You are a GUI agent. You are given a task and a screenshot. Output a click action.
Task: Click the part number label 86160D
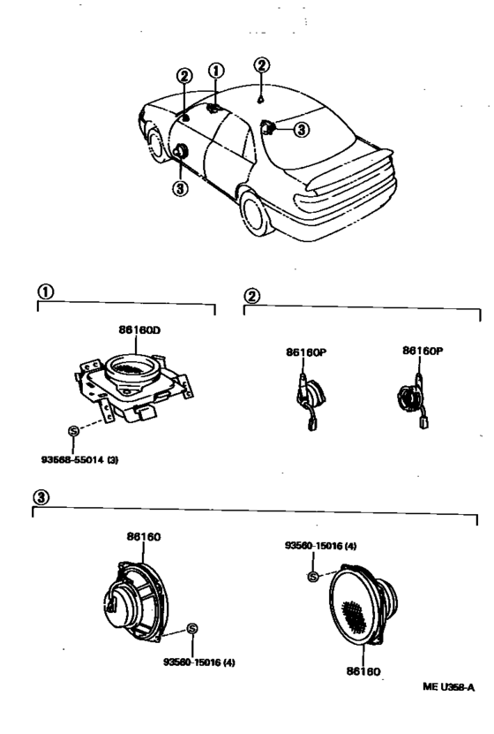tap(139, 330)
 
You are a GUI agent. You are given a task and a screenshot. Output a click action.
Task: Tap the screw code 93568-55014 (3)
tap(80, 459)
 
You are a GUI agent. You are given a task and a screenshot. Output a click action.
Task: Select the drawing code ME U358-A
tap(448, 686)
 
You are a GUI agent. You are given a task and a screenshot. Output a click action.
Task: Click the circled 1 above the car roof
tap(216, 72)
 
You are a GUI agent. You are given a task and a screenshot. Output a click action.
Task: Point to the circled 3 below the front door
tap(181, 188)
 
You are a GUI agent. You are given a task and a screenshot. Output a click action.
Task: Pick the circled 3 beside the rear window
tap(302, 129)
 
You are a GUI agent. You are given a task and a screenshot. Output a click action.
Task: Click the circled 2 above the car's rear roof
tap(262, 64)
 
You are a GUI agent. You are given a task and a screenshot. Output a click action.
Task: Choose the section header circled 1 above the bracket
tap(45, 292)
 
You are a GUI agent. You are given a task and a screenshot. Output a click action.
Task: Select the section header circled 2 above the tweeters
tap(252, 296)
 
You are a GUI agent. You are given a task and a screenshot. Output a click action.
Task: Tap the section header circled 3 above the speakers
tap(41, 496)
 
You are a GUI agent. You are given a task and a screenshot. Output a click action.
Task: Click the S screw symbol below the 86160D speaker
tap(73, 431)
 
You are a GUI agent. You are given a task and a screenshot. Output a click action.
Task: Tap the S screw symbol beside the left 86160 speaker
tap(191, 629)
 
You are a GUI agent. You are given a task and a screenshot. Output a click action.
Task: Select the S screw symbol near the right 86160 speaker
tap(313, 577)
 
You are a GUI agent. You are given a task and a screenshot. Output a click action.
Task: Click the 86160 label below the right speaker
tap(363, 670)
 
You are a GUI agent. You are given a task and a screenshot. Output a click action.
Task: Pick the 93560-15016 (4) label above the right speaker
tap(320, 546)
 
